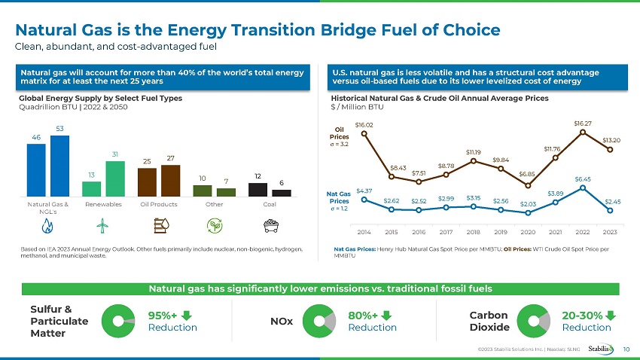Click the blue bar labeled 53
point(60,166)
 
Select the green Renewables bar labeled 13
point(91,189)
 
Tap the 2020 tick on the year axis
point(528,230)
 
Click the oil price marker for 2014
point(364,134)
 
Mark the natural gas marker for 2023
point(610,211)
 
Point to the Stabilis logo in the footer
point(602,348)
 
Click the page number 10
point(628,349)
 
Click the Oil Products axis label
point(159,203)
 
